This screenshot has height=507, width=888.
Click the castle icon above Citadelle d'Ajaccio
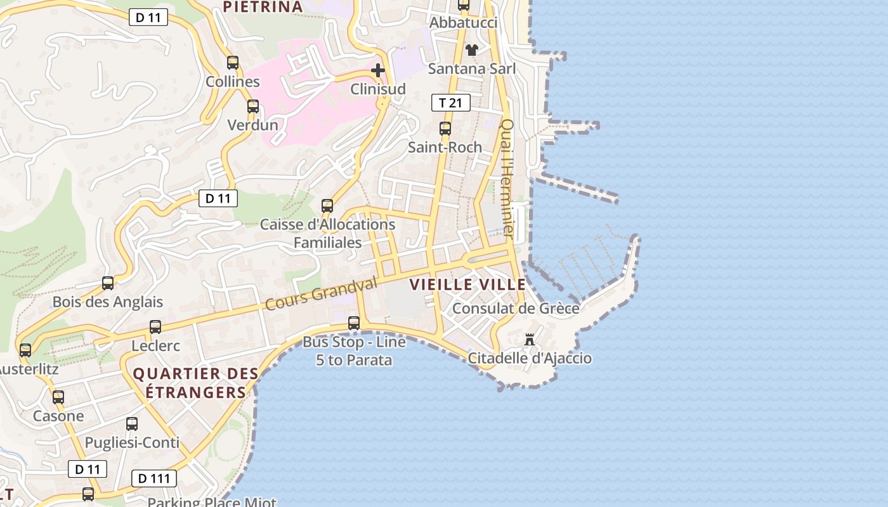click(530, 340)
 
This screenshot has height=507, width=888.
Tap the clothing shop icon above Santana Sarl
click(472, 49)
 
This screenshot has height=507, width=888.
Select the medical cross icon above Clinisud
click(378, 70)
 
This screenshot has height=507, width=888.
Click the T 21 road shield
click(450, 103)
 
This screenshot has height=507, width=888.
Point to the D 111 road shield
click(154, 478)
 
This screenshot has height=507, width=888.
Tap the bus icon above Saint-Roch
click(445, 129)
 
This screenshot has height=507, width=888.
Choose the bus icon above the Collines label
click(233, 63)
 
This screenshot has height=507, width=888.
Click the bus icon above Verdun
click(253, 106)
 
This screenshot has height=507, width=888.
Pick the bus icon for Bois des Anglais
click(108, 283)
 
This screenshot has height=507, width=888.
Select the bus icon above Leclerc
click(155, 327)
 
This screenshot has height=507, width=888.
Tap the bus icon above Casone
click(58, 397)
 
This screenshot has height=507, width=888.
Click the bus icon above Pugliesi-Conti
click(132, 424)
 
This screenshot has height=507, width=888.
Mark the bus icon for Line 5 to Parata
click(354, 323)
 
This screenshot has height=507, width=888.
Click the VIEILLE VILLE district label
click(468, 285)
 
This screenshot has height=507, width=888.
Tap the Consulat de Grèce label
click(516, 309)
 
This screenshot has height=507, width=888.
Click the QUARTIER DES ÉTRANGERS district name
click(195, 383)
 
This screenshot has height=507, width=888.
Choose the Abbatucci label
click(464, 23)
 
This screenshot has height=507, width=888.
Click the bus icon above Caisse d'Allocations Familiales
click(327, 206)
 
